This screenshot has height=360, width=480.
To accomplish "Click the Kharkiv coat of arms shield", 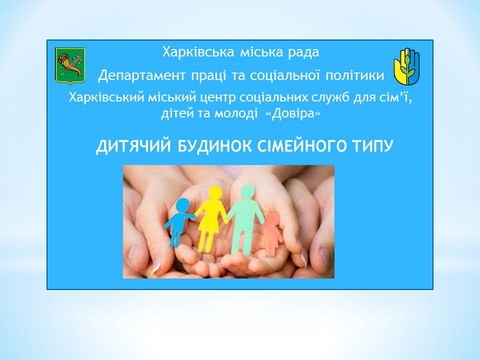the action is coord(70,65).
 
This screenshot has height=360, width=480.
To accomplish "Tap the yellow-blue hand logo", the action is coord(406,66).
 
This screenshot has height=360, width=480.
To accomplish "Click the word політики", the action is coord(354,75).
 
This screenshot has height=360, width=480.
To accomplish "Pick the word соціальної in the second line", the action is coord(285,75).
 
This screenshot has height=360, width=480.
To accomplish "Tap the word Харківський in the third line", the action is coord(106,98).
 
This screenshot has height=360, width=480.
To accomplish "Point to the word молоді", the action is coord(235,113).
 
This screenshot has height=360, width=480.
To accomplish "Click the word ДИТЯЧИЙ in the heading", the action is coord(133,146).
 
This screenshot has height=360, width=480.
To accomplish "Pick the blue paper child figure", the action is coord(180,222).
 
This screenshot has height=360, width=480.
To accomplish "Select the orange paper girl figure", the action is coord(273,231).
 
